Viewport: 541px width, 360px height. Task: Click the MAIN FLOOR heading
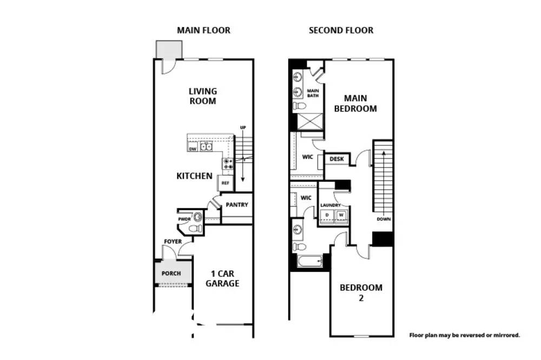[203, 30]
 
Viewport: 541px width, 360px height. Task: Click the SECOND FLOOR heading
[341, 30]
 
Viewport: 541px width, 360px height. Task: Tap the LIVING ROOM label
[203, 96]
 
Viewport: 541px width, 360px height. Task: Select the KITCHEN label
[194, 176]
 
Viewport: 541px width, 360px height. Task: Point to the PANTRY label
[237, 204]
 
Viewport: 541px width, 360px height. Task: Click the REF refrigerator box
[225, 183]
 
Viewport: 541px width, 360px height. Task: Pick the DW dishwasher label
[193, 149]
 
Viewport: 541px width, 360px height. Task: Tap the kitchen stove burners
[228, 164]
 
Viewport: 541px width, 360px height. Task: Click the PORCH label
[171, 274]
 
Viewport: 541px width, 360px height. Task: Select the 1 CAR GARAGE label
[222, 278]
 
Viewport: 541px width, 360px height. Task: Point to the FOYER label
[173, 242]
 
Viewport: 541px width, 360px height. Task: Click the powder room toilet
[196, 228]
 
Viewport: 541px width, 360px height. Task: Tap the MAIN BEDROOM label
[355, 103]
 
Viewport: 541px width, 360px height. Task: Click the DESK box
[337, 159]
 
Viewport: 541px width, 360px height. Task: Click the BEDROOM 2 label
[361, 292]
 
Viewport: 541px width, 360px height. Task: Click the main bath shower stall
[310, 122]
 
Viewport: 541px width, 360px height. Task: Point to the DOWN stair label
[384, 219]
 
